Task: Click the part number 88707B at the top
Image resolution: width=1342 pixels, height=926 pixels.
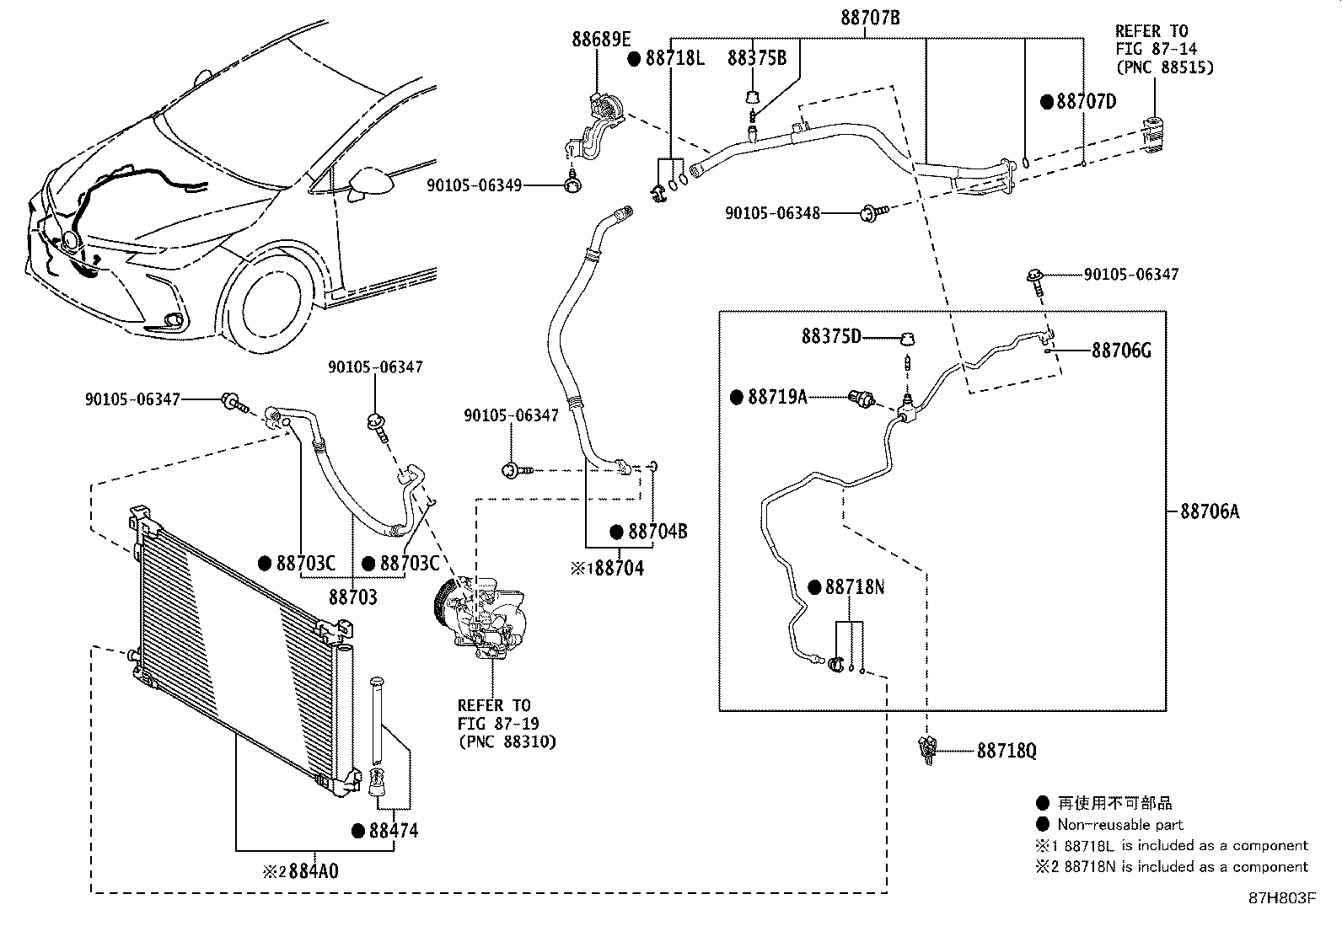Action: coord(870,17)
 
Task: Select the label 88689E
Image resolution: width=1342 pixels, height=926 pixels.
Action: coord(601,39)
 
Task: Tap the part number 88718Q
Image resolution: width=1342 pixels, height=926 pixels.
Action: coord(1006,750)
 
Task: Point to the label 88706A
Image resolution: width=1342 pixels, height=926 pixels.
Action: coord(1210,511)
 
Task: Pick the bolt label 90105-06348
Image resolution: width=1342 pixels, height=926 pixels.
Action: coord(772,214)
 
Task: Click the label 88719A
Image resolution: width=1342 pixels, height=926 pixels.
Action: coord(776,396)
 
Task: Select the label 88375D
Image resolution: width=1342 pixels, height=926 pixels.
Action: coord(831,337)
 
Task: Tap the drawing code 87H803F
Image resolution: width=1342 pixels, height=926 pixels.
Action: coord(1281,898)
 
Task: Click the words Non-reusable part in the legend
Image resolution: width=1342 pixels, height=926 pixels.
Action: coord(1120,825)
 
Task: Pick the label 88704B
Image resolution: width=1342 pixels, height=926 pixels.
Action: coord(658,532)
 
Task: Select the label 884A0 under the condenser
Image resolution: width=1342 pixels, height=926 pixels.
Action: coord(314,870)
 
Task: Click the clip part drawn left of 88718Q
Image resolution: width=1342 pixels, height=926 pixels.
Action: coord(928,749)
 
